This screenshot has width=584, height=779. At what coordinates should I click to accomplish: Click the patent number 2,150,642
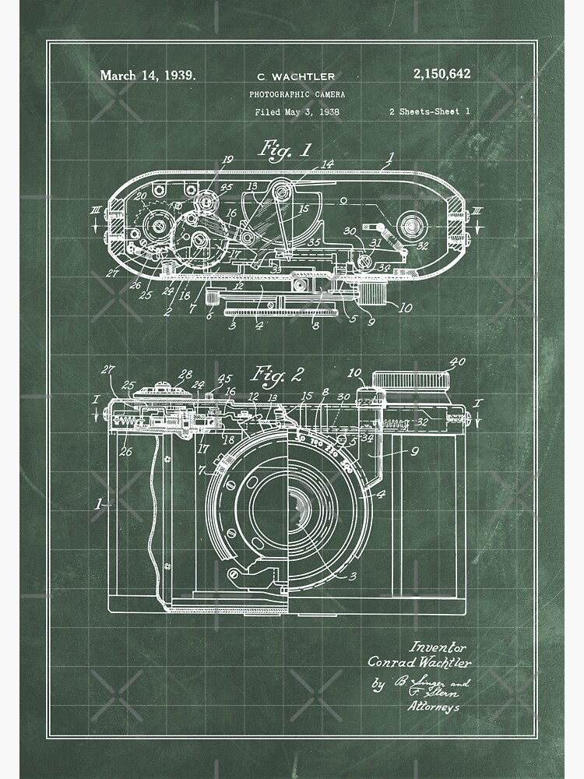[x=442, y=74]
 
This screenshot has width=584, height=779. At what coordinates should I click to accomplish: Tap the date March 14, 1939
[x=147, y=76]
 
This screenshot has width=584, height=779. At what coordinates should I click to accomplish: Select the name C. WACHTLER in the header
[x=296, y=76]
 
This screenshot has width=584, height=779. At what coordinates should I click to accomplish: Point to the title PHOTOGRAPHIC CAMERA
[x=297, y=93]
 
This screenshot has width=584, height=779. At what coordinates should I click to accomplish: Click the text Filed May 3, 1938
[x=297, y=111]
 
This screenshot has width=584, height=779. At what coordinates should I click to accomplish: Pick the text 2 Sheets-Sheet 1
[x=429, y=111]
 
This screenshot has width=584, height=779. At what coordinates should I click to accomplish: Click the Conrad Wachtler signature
[x=420, y=663]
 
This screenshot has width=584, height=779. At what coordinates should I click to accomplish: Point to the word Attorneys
[x=433, y=707]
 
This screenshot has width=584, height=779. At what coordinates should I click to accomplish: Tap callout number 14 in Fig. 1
[x=327, y=164]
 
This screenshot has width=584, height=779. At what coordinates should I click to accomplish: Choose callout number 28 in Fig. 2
[x=185, y=374]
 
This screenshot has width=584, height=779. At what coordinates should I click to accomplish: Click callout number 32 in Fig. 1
[x=423, y=245]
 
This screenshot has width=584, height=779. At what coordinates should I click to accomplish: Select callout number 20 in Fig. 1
[x=141, y=196]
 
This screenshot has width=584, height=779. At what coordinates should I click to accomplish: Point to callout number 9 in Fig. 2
[x=414, y=449]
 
